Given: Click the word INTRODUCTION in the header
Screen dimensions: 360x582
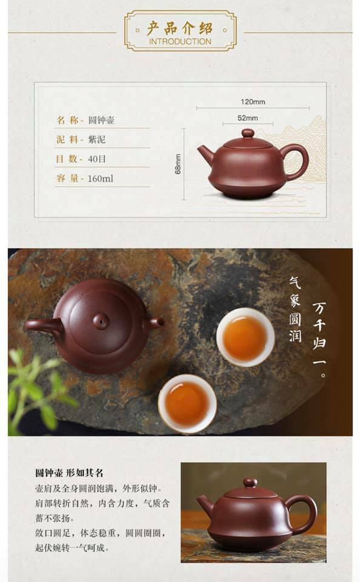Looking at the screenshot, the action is (180, 42).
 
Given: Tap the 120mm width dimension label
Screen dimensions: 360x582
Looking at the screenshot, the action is (253, 102).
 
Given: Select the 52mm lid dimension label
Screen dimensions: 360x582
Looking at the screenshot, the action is (247, 118).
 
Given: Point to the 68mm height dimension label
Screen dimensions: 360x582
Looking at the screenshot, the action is (178, 164).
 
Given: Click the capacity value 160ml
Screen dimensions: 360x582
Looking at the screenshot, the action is (100, 178).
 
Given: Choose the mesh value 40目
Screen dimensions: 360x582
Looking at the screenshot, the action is (97, 159).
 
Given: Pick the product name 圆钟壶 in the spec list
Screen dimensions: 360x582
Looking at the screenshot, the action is (101, 120).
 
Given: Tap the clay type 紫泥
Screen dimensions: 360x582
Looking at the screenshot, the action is (96, 139).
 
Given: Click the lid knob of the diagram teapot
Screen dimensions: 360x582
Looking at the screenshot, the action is (247, 133).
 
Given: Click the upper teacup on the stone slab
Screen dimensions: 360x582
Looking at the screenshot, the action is (245, 336).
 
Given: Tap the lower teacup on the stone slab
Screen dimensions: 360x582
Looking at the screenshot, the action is (187, 404).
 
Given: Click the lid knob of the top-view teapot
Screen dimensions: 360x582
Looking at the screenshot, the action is (101, 321).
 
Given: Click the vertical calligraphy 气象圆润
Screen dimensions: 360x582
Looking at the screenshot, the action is (295, 309).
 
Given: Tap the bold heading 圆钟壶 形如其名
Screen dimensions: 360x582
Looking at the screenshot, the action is (70, 472).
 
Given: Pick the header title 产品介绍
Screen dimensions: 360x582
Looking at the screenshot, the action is (180, 28).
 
